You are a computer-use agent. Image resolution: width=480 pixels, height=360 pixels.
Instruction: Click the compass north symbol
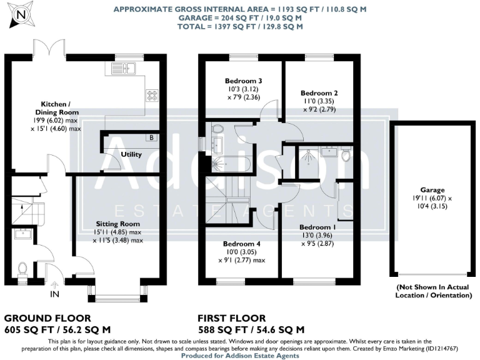[x=22, y=14]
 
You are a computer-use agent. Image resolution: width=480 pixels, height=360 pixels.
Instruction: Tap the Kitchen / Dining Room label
[x=60, y=107]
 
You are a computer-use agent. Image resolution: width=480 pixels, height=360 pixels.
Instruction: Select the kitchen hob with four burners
[x=152, y=95]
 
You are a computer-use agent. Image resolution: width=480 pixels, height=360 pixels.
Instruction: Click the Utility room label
[x=131, y=154]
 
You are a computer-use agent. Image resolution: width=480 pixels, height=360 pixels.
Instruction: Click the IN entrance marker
[x=54, y=294]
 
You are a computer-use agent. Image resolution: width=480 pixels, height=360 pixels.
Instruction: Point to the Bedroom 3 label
[x=242, y=81]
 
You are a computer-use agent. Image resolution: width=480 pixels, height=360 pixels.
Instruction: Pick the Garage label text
[x=432, y=190]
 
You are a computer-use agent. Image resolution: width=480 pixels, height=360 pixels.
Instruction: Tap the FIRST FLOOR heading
[x=231, y=318]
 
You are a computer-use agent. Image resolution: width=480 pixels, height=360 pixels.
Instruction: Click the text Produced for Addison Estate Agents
[x=240, y=355]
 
